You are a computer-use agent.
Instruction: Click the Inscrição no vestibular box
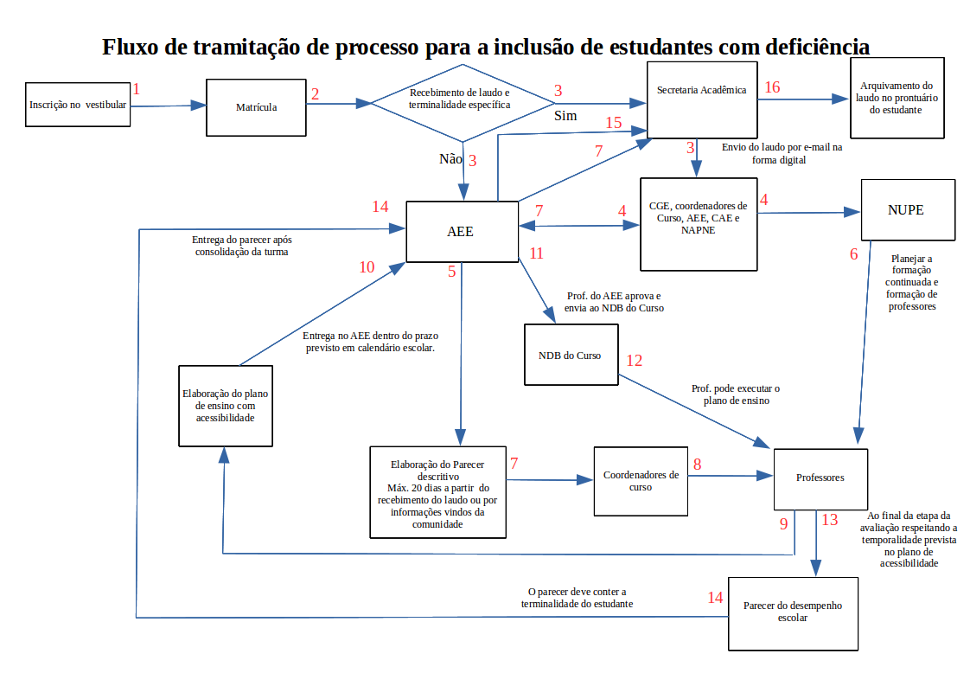pos(78,106)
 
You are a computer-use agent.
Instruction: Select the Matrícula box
pos(256,107)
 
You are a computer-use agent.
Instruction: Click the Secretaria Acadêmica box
pos(701,99)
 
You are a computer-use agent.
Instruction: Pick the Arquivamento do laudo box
pos(896,98)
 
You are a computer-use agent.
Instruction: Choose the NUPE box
pos(908,209)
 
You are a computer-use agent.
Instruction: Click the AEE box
pos(461,232)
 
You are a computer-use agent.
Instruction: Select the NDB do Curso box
pos(571,355)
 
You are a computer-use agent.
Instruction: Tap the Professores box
pos(820,478)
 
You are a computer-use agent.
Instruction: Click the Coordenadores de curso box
pos(641,481)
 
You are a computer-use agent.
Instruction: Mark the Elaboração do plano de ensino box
pos(225,405)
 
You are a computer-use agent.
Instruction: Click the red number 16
pos(771,87)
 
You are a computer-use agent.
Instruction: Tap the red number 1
pos(136,87)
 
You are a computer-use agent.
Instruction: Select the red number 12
pos(635,361)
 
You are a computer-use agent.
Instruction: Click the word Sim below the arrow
pos(565,115)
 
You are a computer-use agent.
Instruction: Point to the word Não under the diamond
pos(450,158)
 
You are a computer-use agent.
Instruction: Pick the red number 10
pos(367,267)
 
